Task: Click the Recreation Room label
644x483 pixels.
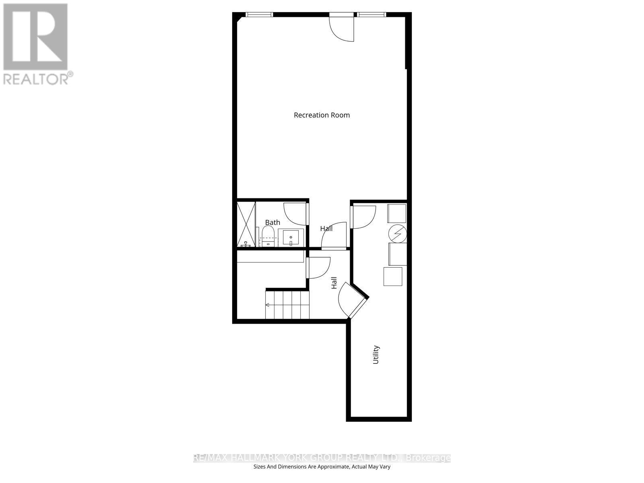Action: pyautogui.click(x=322, y=115)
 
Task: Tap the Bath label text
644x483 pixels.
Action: pyautogui.click(x=272, y=222)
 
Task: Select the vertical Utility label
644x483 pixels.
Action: pyautogui.click(x=376, y=354)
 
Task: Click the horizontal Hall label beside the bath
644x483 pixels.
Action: pyautogui.click(x=326, y=229)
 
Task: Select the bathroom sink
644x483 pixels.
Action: pyautogui.click(x=290, y=237)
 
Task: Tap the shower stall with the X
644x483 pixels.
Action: pyautogui.click(x=246, y=224)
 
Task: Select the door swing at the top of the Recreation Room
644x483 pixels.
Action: pyautogui.click(x=342, y=28)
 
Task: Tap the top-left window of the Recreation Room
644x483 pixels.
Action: pyautogui.click(x=259, y=15)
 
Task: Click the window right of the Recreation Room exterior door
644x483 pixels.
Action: pyautogui.click(x=372, y=15)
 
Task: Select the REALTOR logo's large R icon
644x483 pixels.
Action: pyautogui.click(x=35, y=37)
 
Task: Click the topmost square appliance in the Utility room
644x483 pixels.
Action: pyautogui.click(x=396, y=213)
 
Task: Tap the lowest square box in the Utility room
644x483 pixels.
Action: pyautogui.click(x=393, y=277)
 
